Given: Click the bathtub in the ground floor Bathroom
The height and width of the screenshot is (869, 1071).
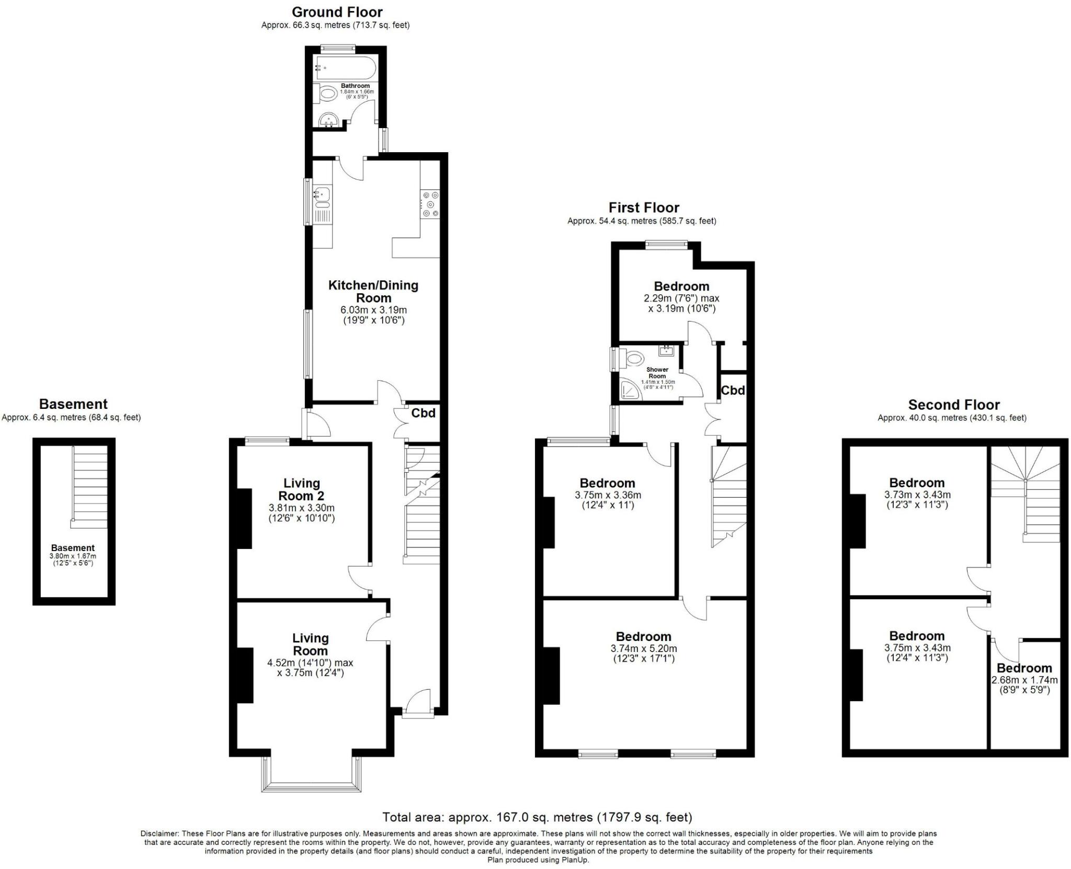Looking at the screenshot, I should tap(345, 68).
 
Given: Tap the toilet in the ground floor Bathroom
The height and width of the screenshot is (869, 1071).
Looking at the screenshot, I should tap(328, 95).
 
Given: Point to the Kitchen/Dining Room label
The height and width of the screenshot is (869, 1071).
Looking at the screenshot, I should tap(373, 291).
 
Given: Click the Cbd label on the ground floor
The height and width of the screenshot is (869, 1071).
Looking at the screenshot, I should tap(423, 413).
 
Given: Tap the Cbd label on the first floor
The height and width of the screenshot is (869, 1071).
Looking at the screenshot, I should tap(733, 390).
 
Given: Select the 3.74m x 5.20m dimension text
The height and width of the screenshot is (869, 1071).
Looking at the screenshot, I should tap(643, 648).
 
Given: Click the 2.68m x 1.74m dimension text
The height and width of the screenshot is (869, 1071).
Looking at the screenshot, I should tap(1024, 680).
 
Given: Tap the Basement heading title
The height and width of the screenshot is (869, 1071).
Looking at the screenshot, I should tap(73, 404).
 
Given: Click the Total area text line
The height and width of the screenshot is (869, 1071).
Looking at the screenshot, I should tap(537, 817).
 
